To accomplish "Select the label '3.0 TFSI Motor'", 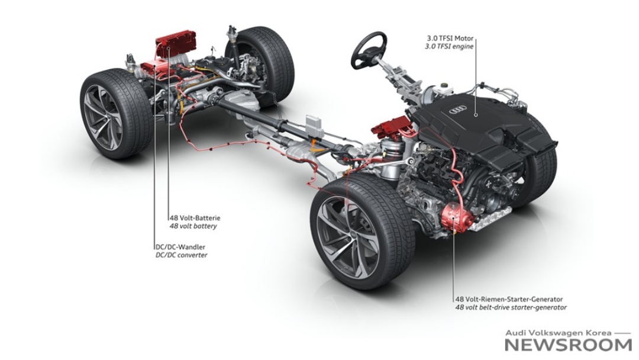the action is [x=450, y=38].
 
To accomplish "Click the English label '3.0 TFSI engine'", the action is [x=450, y=46].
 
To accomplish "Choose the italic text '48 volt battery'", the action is [x=193, y=226].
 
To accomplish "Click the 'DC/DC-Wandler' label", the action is [x=180, y=247].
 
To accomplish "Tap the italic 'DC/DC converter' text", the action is [x=182, y=255].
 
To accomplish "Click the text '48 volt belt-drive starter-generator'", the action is [x=511, y=308].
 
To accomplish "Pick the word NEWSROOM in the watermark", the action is [x=569, y=345].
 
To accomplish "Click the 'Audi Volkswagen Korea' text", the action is [x=558, y=332].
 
